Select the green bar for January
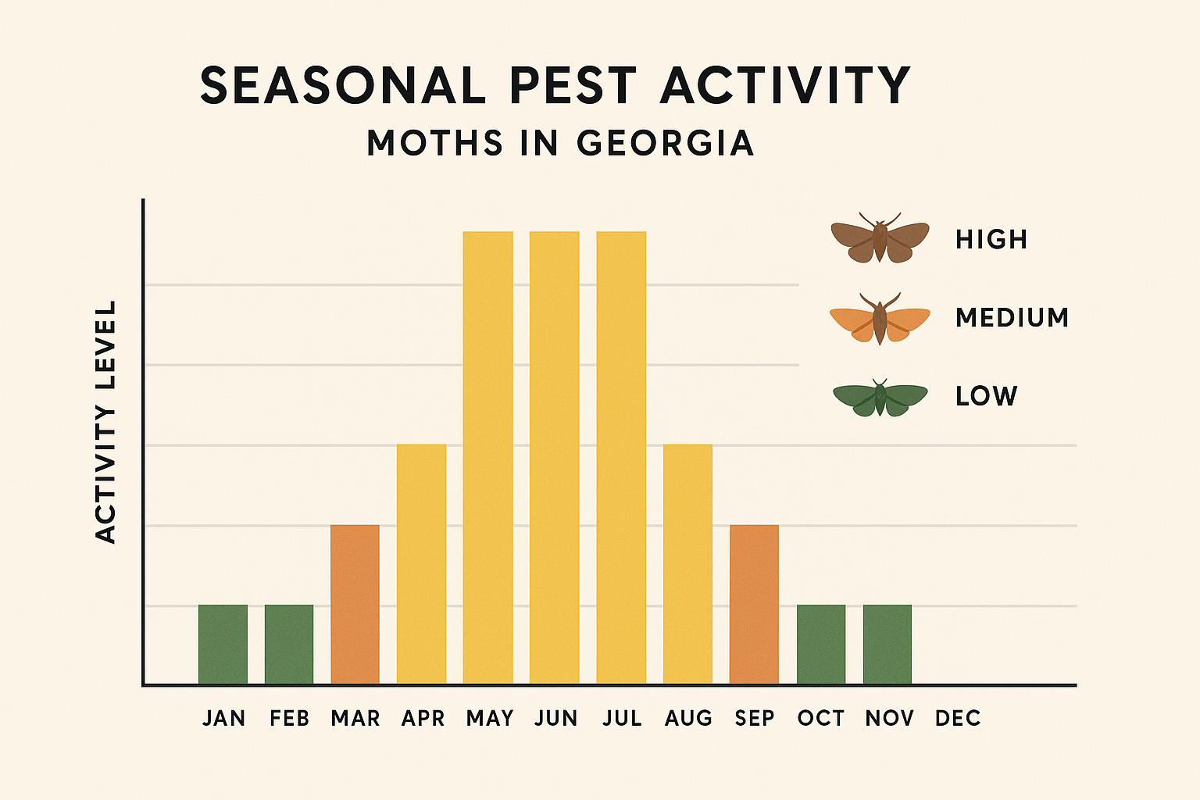[x=223, y=645]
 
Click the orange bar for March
[x=355, y=605]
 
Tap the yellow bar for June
[x=555, y=458]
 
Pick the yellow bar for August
[x=687, y=564]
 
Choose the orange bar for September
[x=754, y=605]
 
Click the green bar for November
[x=887, y=645]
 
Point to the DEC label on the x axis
[x=958, y=718]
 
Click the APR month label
[x=423, y=718]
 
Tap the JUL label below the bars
[x=622, y=718]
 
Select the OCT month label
[x=821, y=718]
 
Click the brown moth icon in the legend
[x=880, y=238]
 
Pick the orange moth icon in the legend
[x=880, y=319]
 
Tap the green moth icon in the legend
[x=880, y=398]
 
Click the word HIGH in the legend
[x=991, y=239]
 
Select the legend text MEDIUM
[x=1012, y=318]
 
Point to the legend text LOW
[x=986, y=396]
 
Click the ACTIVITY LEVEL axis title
[x=105, y=422]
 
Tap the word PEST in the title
[x=573, y=85]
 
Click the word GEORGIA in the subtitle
[x=665, y=143]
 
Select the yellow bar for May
[x=488, y=458]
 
